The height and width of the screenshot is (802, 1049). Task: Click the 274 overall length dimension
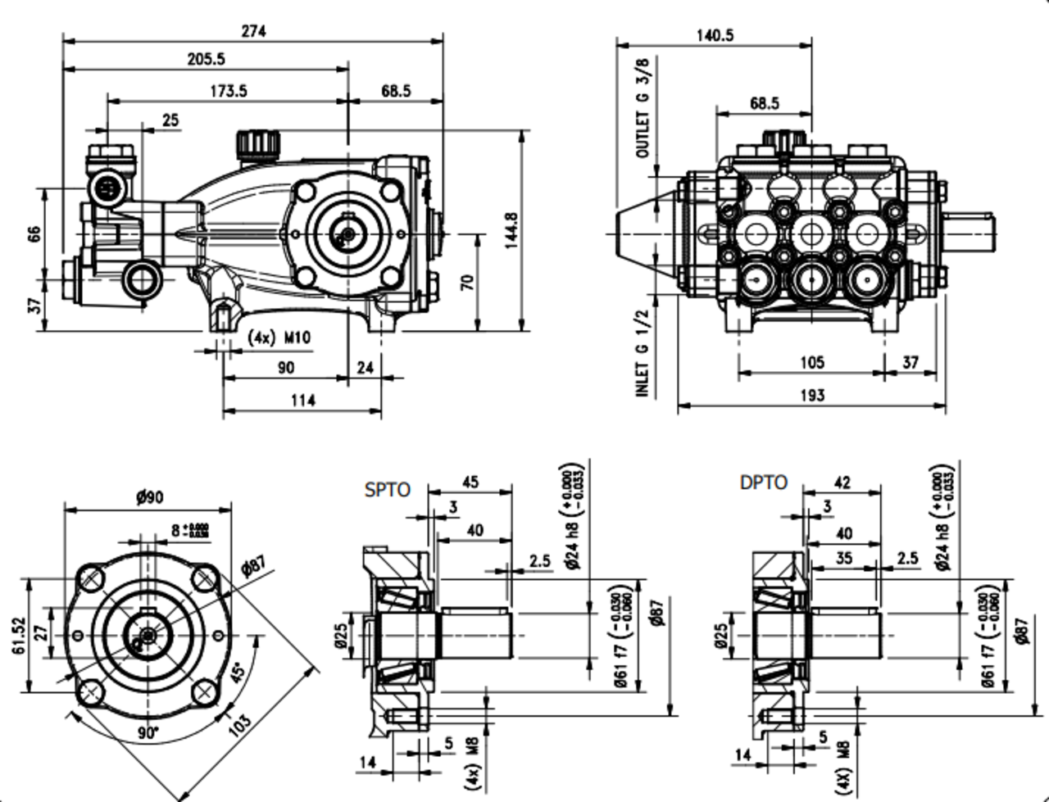(253, 31)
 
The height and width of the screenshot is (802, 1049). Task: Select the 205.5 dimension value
(206, 58)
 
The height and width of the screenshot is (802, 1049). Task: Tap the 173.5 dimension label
(228, 91)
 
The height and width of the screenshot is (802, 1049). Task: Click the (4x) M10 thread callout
(279, 338)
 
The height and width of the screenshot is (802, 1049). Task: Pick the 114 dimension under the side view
(302, 401)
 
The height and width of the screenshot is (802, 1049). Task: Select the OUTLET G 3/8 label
(643, 108)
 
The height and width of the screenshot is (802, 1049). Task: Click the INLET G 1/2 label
(643, 354)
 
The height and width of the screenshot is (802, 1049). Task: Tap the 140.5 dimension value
(715, 35)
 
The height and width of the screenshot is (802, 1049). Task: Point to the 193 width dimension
(811, 396)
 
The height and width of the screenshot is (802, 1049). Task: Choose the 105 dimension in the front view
(811, 362)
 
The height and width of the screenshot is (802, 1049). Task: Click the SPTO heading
(388, 490)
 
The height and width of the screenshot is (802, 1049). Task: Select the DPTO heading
(764, 483)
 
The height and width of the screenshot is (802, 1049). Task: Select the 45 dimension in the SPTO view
(470, 482)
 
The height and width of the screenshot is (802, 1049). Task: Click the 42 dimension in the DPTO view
(842, 483)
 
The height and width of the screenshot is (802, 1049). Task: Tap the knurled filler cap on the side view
(257, 144)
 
